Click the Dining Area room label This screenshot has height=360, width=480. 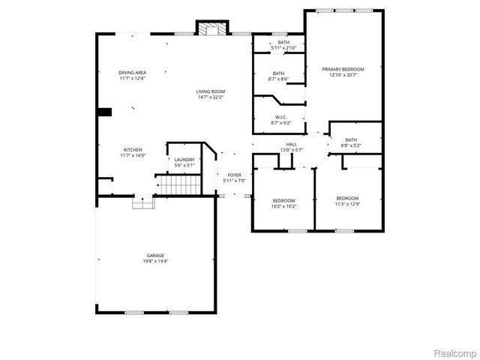pos(132,73)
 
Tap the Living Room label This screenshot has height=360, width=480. pos(211,91)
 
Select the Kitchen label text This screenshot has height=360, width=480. pos(132,150)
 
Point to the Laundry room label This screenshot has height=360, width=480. pos(184,159)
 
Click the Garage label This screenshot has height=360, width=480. pos(155,256)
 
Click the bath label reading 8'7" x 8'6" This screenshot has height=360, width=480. pos(279,73)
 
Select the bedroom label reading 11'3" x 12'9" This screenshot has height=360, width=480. pos(347,199)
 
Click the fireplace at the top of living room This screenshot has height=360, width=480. pos(211,28)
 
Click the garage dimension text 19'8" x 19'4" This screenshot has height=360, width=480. pos(155,262)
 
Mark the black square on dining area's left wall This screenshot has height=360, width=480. pos(104,112)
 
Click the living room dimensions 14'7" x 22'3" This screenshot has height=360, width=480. pos(211,97)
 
